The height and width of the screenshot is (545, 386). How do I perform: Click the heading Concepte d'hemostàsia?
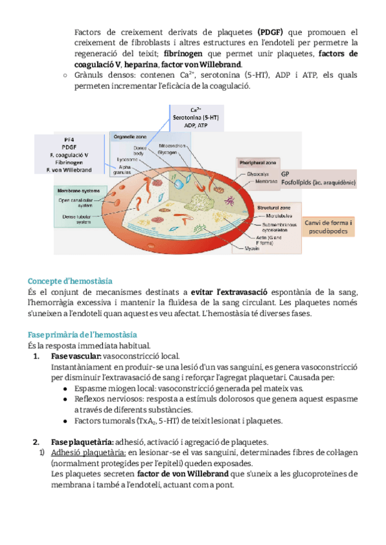tap(70, 281)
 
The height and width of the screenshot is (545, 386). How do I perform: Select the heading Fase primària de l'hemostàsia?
tap(82, 335)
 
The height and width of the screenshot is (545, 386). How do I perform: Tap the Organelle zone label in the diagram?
tap(129, 137)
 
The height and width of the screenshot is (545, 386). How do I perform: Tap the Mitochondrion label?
tap(172, 146)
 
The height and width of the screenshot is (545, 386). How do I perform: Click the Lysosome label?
tap(125, 158)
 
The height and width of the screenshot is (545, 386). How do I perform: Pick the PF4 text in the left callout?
tap(68, 139)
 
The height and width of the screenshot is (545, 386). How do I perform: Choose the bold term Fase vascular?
tap(75, 356)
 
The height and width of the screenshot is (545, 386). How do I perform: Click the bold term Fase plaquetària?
tap(81, 442)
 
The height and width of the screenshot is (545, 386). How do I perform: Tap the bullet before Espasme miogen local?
tap(68, 389)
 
